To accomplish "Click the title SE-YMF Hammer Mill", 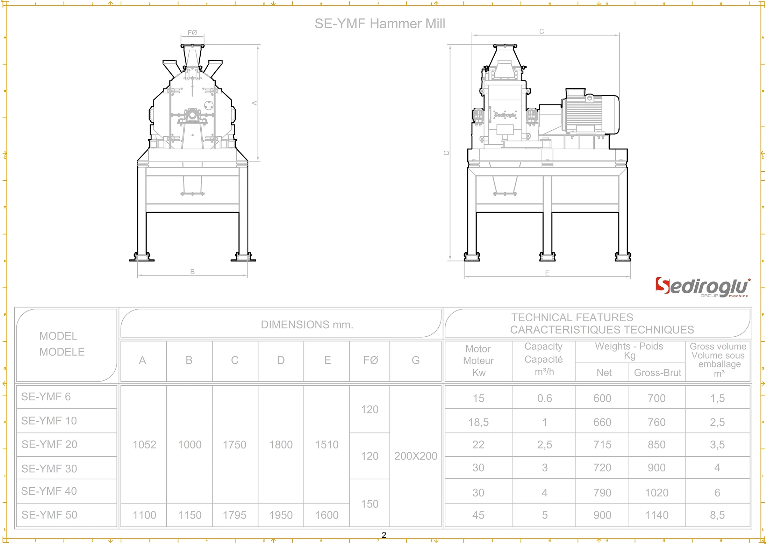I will [x=380, y=24].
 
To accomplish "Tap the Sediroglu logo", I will [x=702, y=287].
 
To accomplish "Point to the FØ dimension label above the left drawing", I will [x=192, y=33].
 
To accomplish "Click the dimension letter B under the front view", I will [x=192, y=272].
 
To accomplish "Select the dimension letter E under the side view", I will [x=547, y=273].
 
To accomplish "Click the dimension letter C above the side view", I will [x=542, y=31].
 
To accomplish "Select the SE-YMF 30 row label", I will [x=49, y=468].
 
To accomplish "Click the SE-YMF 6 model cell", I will [x=46, y=397].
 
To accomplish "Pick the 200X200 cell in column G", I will [x=416, y=456].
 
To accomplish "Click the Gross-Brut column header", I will [x=657, y=373].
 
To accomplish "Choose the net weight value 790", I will [x=602, y=493].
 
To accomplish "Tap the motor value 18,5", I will [x=478, y=422].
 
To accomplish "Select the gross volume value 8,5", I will [x=717, y=515].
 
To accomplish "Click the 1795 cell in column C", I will [x=235, y=515].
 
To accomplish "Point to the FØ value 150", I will [x=370, y=504].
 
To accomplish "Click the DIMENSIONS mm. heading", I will [x=307, y=324].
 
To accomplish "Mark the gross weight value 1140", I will [x=657, y=515].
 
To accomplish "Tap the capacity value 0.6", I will [x=544, y=398].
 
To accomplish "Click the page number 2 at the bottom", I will [x=384, y=535].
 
